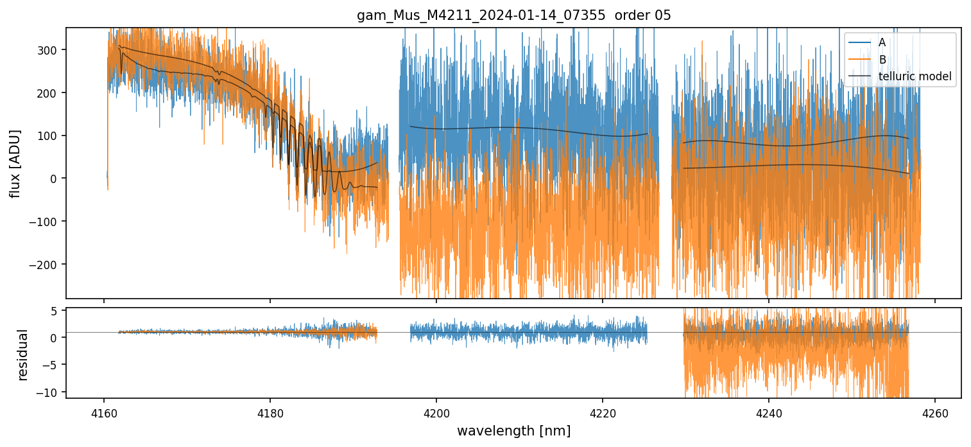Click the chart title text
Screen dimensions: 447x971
point(513,15)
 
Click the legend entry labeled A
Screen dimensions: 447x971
point(882,42)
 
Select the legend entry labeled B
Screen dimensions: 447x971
point(882,60)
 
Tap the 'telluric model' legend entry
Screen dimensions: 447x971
point(915,77)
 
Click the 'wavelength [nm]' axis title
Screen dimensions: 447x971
point(513,430)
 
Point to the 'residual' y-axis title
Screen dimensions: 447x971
point(23,355)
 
